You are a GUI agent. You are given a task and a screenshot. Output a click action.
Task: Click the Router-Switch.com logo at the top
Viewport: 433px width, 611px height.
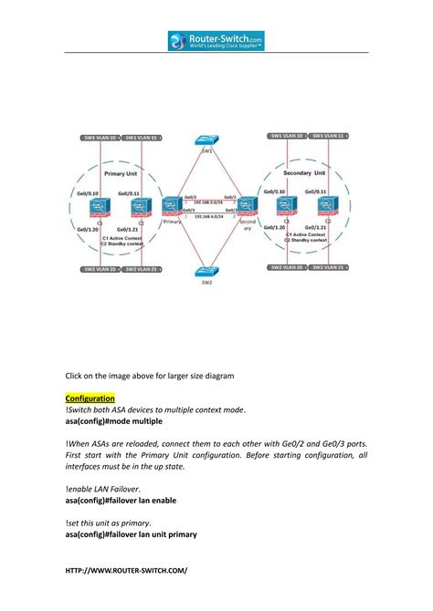point(216,40)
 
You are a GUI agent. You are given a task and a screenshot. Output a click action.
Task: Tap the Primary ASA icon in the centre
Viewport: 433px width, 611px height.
point(171,205)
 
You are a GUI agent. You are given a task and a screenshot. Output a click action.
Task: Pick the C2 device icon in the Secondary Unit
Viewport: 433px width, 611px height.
point(329,206)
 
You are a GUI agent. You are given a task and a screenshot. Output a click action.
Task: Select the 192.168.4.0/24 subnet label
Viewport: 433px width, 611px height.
point(210,217)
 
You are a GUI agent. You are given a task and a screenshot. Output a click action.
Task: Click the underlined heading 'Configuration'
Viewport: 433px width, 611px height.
point(90,399)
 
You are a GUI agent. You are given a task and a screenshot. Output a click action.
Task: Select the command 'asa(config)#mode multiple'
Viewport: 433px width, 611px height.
point(113,422)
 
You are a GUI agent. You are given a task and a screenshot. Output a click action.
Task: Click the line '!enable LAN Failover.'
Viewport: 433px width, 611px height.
point(103,489)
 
